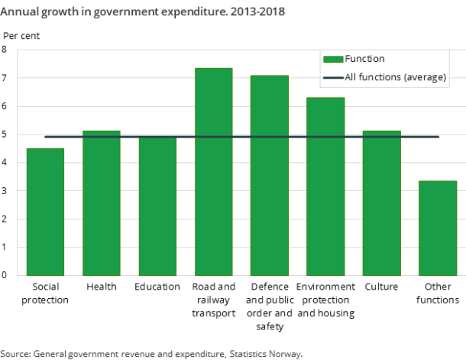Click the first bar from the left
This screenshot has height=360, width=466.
pos(45,212)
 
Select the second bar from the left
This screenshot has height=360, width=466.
pos(102,203)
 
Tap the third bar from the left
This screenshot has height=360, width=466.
pos(157,206)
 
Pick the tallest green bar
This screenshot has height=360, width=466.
pos(214,171)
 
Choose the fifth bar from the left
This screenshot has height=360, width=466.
pos(270,175)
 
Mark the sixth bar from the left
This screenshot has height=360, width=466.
pos(325,186)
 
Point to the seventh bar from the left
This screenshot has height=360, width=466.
pos(381,203)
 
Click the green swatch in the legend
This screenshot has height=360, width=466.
pos(332,59)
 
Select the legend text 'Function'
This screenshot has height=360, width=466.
pos(365,59)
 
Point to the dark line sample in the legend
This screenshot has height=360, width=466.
pos(332,77)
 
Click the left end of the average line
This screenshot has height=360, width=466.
pos(46,137)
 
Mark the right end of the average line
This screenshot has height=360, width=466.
pos(438,137)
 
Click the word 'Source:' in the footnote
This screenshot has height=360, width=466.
pos(15,354)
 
